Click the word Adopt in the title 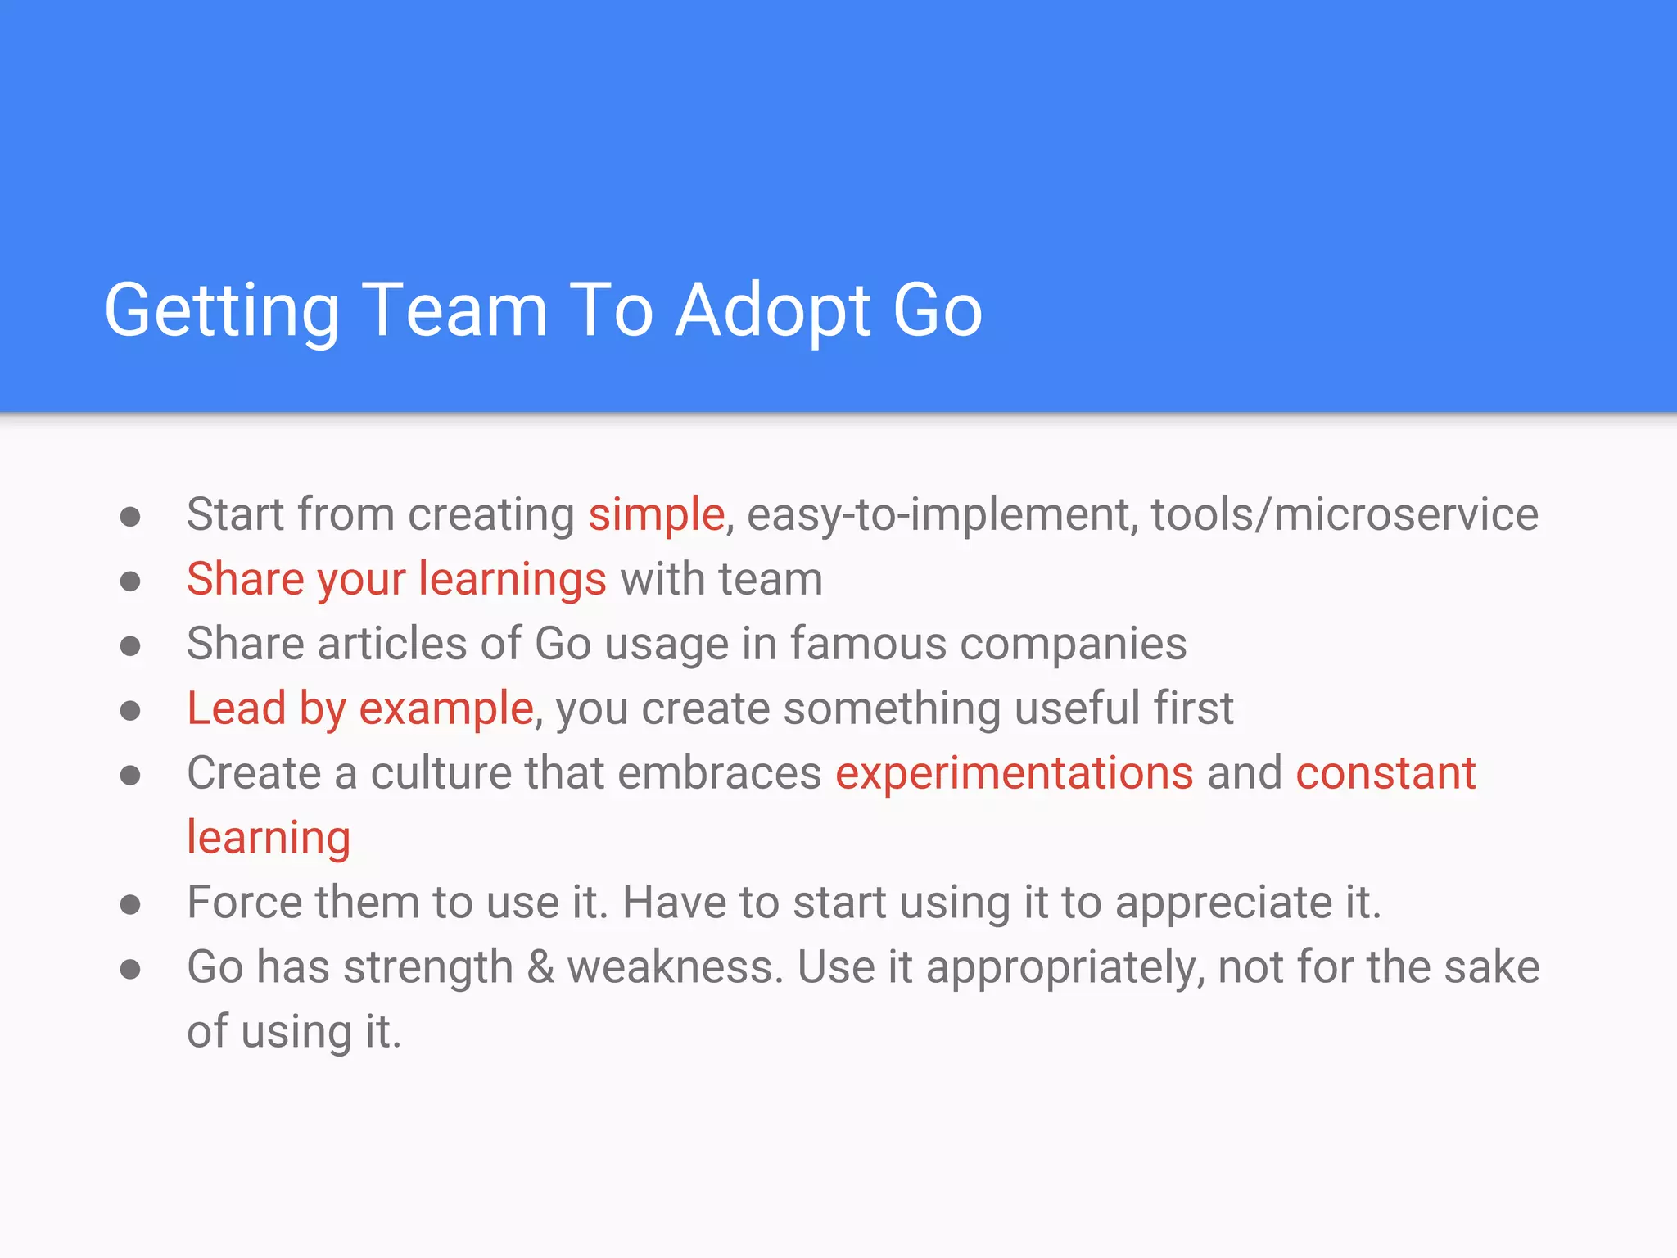coord(774,311)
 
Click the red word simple coord(657,514)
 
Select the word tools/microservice coord(1345,514)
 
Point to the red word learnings coord(513,579)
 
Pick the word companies coord(1073,644)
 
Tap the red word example coord(446,708)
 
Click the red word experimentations coord(1014,773)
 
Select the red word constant coord(1385,773)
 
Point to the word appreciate coord(1223,903)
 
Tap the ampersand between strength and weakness coord(540,967)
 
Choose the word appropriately coord(1065,967)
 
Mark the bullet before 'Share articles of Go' coord(130,646)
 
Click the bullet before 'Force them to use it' coord(130,905)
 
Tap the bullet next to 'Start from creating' coord(130,517)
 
